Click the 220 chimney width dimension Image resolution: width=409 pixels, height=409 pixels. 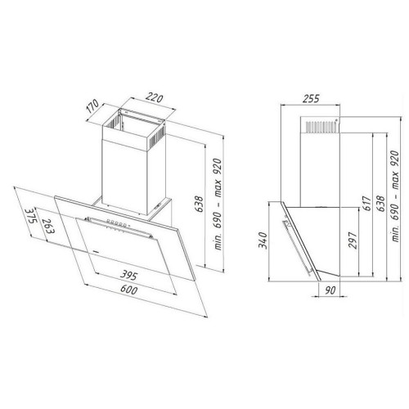155,97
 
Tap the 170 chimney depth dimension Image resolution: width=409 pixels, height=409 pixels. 92,106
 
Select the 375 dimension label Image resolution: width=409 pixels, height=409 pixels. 31,216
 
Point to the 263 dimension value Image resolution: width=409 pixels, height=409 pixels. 49,226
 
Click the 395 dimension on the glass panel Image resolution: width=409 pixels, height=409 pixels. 128,275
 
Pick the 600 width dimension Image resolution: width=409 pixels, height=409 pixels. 128,290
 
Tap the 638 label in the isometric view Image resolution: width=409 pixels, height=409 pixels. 200,204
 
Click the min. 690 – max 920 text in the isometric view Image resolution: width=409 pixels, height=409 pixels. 218,204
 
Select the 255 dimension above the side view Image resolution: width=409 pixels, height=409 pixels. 311,98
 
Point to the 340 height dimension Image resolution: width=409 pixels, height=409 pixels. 263,240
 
